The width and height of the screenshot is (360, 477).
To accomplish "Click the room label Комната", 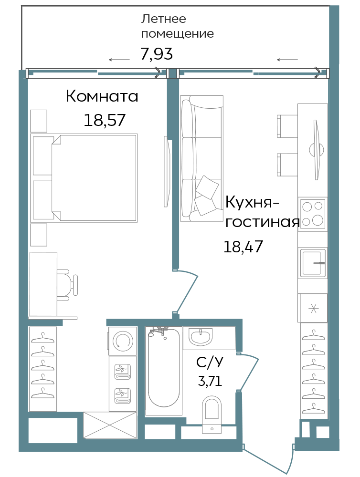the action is (x=102, y=96).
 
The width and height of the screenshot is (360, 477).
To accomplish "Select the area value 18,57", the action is (x=105, y=120).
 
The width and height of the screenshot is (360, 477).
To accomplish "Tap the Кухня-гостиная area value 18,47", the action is (x=243, y=247).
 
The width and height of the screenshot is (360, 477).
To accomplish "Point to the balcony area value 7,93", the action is (x=156, y=54).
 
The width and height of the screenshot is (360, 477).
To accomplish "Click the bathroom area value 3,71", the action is (x=210, y=381).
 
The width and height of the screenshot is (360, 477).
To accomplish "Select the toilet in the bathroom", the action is (x=212, y=413).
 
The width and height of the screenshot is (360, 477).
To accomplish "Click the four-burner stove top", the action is (x=313, y=213).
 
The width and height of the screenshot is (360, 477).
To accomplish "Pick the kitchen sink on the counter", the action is (x=313, y=263).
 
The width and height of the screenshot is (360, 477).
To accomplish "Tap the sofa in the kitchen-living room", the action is (x=201, y=158).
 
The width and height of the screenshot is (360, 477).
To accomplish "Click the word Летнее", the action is (x=163, y=19).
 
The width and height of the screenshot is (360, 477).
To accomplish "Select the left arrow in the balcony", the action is (x=119, y=60).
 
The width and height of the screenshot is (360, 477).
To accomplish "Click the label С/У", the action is (x=210, y=363).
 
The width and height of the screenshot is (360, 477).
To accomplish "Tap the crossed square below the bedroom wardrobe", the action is (x=110, y=425).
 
